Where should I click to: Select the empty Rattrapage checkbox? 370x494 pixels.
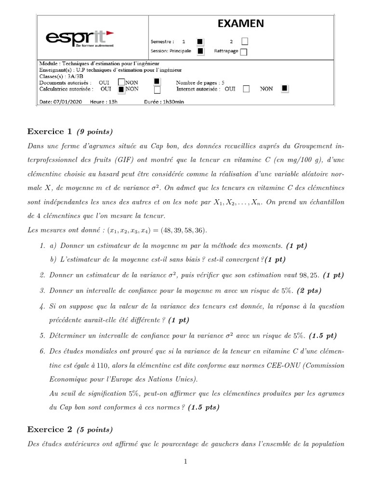pos(244,52)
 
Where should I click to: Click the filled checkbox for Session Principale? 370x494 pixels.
pos(200,51)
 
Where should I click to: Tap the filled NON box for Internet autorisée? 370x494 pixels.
pos(285,88)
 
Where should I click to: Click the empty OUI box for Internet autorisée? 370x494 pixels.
pos(246,89)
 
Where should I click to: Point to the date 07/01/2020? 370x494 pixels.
pos(66,102)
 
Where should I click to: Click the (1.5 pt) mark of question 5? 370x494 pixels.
pos(322,335)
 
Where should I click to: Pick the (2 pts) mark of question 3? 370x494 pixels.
pos(309,290)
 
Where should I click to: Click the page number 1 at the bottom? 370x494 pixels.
pos(185,462)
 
